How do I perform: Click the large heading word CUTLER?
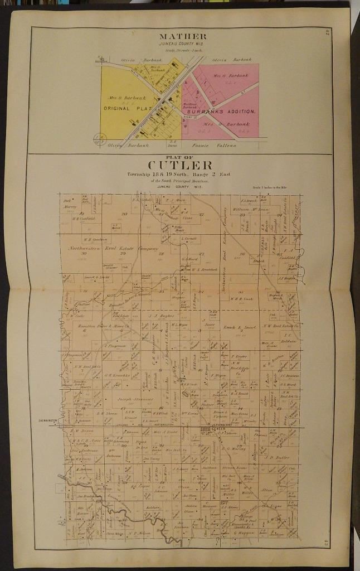tap(179, 165)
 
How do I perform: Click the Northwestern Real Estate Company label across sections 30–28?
tap(113, 248)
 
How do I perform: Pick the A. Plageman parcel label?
tap(114, 346)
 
